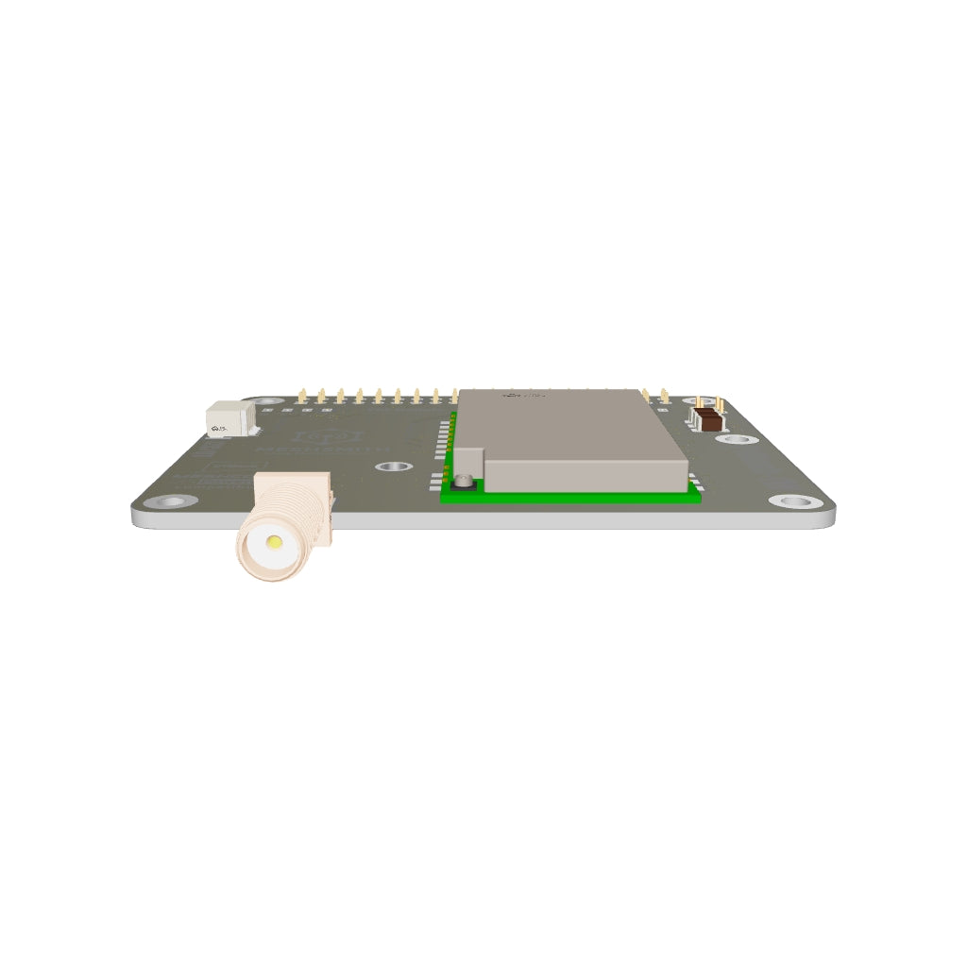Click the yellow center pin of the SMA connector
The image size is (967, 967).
275,543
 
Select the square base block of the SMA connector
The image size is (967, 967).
321,516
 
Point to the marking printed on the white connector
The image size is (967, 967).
219,428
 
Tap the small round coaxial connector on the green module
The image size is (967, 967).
464,482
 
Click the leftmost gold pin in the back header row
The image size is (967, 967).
301,396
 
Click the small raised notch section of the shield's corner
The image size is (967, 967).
468,462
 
